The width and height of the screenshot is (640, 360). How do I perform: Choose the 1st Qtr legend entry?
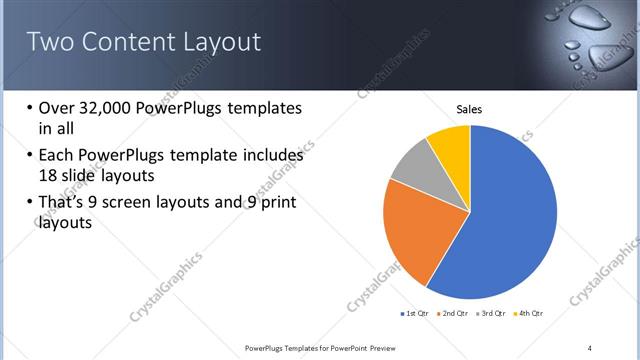pyautogui.click(x=416, y=314)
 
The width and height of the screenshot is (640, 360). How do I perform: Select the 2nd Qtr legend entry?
pyautogui.click(x=456, y=314)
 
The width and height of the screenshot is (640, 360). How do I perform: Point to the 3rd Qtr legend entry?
pyautogui.click(x=495, y=314)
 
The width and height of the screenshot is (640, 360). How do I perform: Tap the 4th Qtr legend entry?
pyautogui.click(x=530, y=314)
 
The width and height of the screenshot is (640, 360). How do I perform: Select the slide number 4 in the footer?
pyautogui.click(x=590, y=347)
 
